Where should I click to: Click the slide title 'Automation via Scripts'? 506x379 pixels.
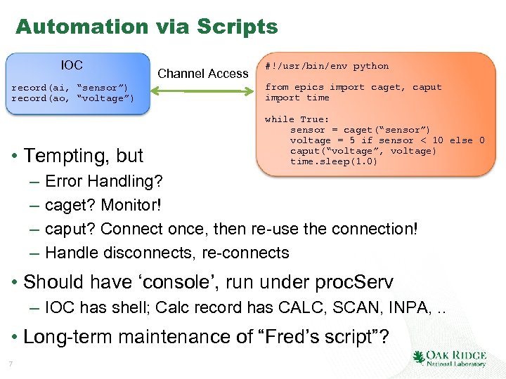pos(146,27)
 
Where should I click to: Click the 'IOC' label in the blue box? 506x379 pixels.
pos(72,65)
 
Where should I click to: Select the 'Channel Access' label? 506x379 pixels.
pos(203,73)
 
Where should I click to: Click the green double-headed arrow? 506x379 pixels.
pos(203,91)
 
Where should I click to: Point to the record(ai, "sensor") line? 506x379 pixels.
pos(70,88)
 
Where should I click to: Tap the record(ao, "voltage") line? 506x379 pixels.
pos(72,98)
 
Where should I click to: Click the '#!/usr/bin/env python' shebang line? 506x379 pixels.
pos(326,66)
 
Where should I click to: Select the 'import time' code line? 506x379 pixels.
pos(297,98)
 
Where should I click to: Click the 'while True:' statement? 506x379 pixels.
pos(297,119)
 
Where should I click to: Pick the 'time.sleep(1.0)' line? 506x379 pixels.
pos(334,161)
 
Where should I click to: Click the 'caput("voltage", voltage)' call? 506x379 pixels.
pos(363,151)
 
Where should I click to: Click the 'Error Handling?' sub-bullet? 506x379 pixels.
pos(103,182)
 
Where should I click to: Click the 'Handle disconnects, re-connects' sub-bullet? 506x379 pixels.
pos(167,253)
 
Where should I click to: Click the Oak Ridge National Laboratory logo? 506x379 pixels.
pos(450,359)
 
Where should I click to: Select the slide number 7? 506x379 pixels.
pos(11,363)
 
